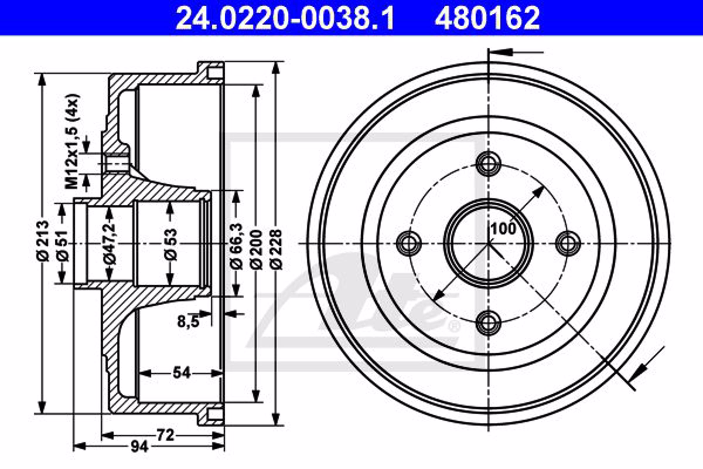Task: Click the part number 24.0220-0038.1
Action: tap(285, 18)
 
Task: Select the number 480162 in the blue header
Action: tap(487, 18)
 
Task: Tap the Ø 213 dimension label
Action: tap(42, 241)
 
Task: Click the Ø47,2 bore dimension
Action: tap(109, 243)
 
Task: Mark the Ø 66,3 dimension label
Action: tap(236, 246)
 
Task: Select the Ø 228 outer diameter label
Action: tap(277, 249)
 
